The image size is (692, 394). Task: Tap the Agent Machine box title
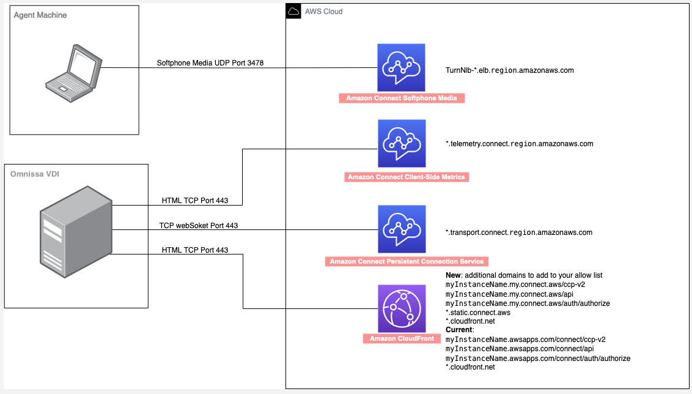(x=40, y=15)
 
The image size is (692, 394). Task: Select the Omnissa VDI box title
(x=35, y=174)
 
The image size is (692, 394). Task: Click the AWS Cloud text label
(x=323, y=12)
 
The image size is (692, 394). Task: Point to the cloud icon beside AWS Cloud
(x=293, y=11)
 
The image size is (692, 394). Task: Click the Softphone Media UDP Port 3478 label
(x=210, y=62)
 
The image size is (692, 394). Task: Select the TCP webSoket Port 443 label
(x=198, y=226)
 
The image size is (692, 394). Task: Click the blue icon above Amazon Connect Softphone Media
(x=401, y=67)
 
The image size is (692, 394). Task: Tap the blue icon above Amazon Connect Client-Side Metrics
(x=401, y=144)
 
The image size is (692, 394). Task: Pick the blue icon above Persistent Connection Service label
(x=401, y=229)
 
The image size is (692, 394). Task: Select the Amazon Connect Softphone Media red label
(x=402, y=98)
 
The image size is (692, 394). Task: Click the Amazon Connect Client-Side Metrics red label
(x=406, y=177)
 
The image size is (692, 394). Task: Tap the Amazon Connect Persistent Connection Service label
(x=407, y=261)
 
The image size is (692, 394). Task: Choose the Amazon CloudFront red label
(x=402, y=338)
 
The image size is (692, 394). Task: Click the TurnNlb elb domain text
(x=509, y=70)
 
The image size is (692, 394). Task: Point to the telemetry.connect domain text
(x=519, y=144)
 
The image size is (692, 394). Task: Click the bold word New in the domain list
(x=453, y=275)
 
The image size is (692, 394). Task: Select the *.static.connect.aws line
(x=477, y=313)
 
